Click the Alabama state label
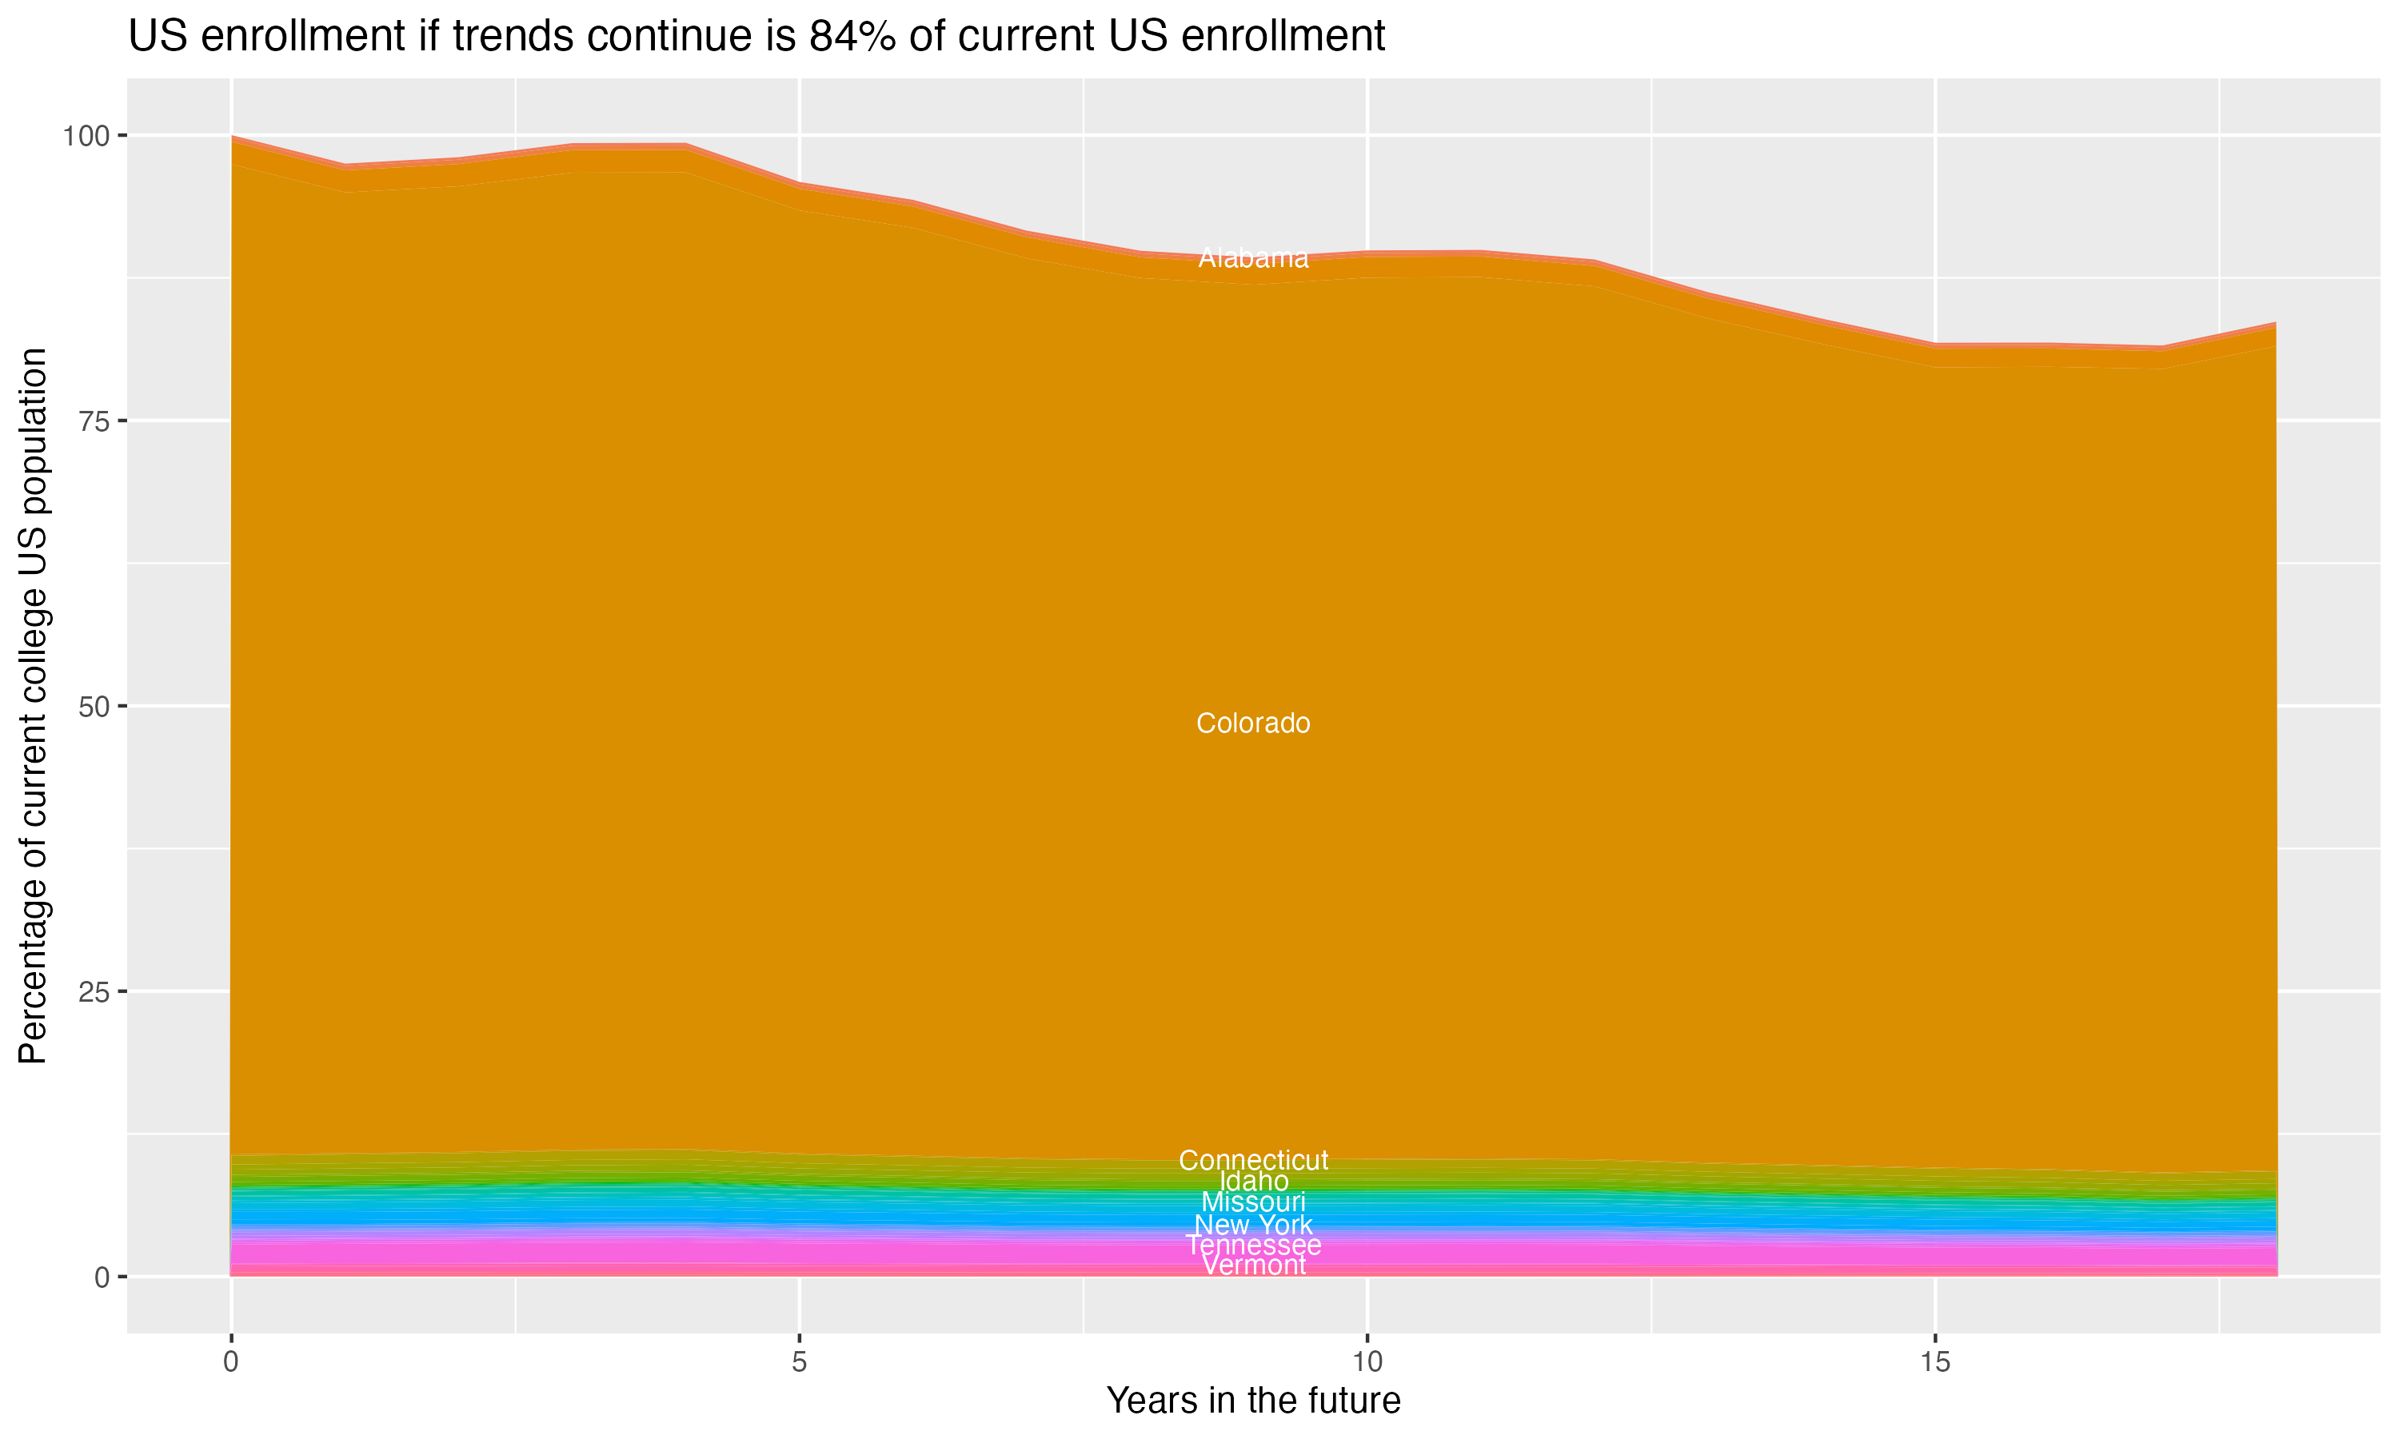coord(1253,258)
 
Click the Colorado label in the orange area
coord(1253,723)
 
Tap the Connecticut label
coord(1253,1160)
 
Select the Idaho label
coord(1253,1181)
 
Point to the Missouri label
coord(1253,1202)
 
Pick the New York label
coord(1253,1225)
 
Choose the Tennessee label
coord(1253,1245)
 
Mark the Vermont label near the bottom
coord(1253,1266)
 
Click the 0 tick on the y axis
coord(101,1277)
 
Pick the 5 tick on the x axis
coord(799,1362)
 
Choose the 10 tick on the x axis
coord(1367,1362)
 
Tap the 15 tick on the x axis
coord(1934,1362)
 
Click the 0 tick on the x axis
coord(231,1362)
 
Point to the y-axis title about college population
coord(33,705)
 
